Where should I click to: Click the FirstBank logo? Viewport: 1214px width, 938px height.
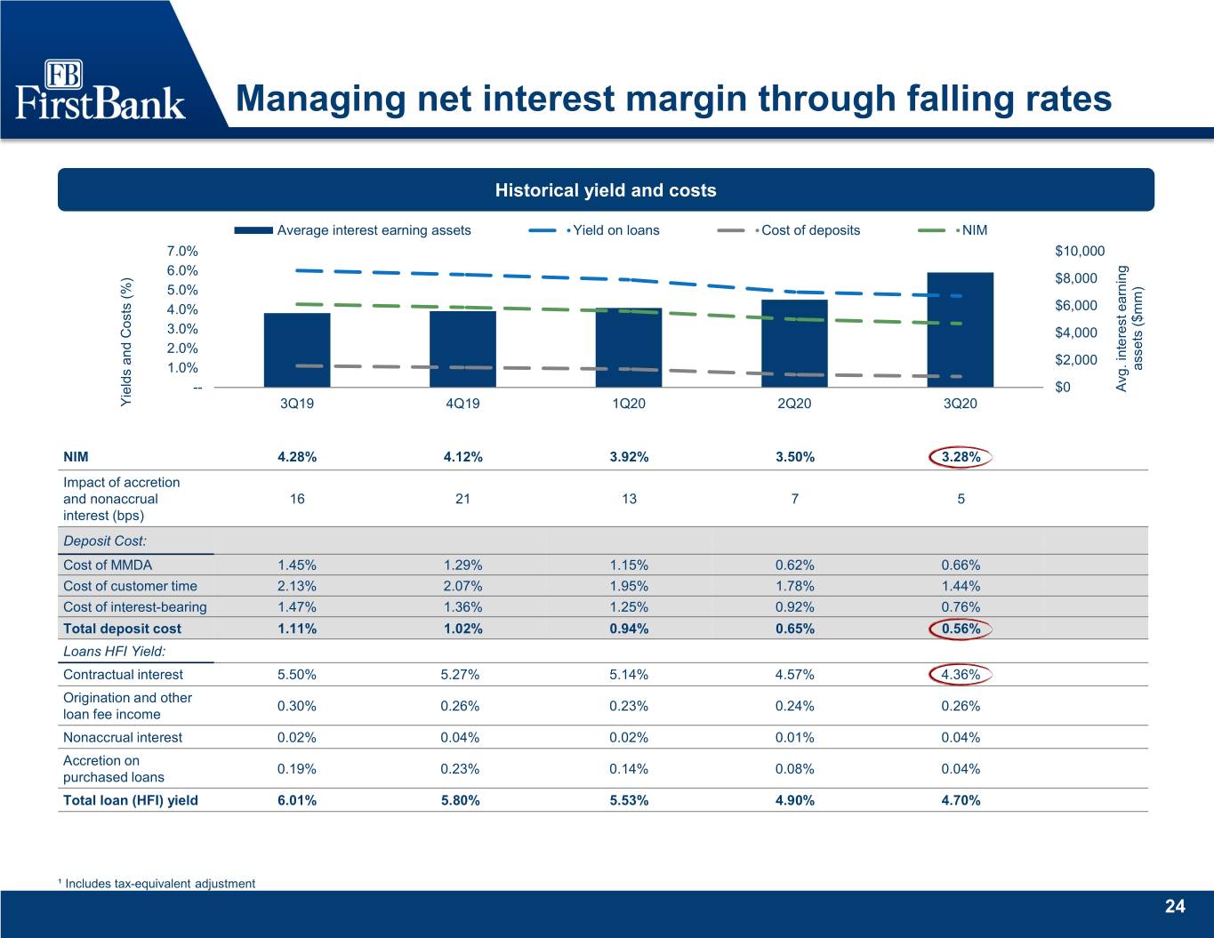tap(100, 90)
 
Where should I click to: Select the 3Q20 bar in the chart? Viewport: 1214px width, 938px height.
tap(960, 330)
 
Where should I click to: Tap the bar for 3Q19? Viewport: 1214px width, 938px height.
tap(297, 350)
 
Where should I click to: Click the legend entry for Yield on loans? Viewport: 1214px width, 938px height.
tap(594, 230)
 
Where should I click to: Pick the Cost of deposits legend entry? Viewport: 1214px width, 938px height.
tap(788, 230)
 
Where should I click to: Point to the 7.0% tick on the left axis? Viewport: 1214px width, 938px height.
tap(182, 252)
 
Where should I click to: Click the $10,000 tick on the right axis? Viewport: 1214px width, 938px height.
tap(1080, 252)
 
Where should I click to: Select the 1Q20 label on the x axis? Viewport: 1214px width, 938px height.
tap(629, 403)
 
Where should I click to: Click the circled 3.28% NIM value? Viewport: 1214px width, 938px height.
tap(961, 457)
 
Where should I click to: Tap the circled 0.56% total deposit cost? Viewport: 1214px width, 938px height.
tap(961, 629)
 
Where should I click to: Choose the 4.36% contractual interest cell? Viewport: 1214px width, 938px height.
tap(961, 675)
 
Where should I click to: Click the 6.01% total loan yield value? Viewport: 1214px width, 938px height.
tap(297, 800)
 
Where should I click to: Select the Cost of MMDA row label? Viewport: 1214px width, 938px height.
tap(108, 565)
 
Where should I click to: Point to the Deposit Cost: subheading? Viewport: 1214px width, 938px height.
tap(105, 541)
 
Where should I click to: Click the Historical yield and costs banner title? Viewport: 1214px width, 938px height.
tap(606, 190)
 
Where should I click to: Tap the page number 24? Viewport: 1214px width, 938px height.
tap(1175, 906)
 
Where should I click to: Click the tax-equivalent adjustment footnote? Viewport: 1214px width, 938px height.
tap(157, 883)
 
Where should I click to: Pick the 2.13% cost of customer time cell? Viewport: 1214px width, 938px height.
tap(297, 586)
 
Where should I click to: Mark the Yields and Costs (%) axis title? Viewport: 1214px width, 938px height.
tap(126, 341)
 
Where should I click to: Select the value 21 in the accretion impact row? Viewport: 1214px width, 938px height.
tap(462, 499)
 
